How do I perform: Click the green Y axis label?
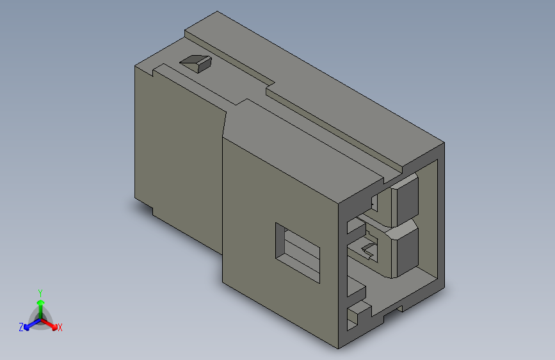40,293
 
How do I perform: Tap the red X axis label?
60,327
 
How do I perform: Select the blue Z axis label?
21,327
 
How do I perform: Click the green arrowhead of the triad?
41,303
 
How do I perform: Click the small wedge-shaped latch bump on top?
196,63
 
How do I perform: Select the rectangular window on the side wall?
297,252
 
